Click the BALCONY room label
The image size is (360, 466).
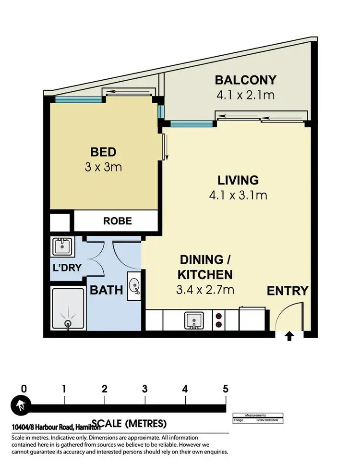[245, 80]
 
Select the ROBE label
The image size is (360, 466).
[117, 221]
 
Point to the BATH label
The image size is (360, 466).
[107, 290]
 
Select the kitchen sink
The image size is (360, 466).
[194, 320]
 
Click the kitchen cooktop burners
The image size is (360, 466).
[219, 320]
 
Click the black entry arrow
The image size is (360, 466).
[289, 336]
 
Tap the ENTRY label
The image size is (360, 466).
[287, 291]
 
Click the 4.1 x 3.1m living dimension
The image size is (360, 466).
[238, 195]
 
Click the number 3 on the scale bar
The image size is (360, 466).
[144, 389]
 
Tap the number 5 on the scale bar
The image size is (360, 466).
[225, 389]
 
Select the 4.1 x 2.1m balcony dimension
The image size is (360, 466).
[245, 95]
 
